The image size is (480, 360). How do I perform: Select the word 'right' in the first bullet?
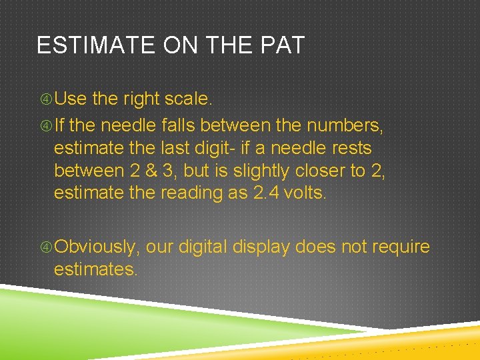(145, 99)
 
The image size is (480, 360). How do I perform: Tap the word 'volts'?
(307, 193)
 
